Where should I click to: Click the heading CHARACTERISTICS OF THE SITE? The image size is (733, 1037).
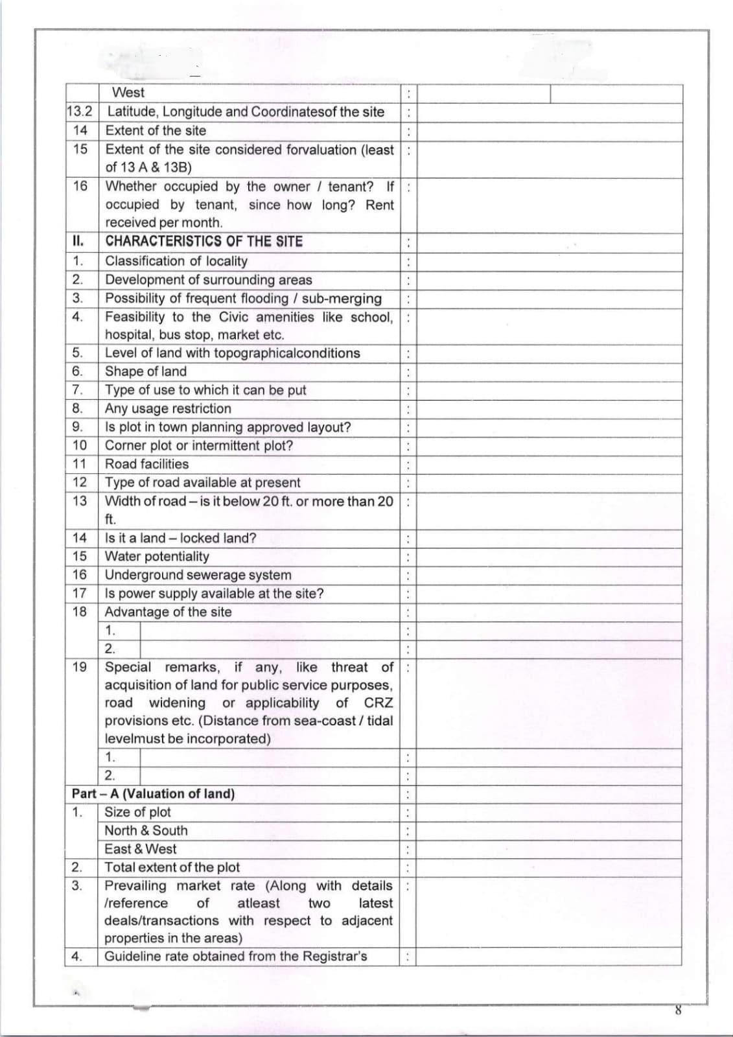tap(204, 242)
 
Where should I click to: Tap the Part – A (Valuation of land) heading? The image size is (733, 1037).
tap(153, 794)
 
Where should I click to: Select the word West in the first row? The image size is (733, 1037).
tap(128, 93)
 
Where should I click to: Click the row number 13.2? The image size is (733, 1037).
tap(80, 111)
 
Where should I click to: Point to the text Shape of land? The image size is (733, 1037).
tap(146, 371)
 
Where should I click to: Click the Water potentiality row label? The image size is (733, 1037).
tap(157, 557)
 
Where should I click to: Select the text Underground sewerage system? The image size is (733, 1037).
tap(198, 575)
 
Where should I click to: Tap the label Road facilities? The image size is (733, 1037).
tap(146, 464)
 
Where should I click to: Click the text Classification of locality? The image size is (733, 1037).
tap(176, 261)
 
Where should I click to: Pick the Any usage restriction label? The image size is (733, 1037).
tap(168, 409)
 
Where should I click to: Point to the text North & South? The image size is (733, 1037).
tap(146, 831)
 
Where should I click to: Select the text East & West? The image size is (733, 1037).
tap(140, 849)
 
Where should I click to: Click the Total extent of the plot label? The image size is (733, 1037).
tap(172, 868)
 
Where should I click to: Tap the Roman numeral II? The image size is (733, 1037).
tap(78, 242)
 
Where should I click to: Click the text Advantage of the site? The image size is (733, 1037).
tap(168, 612)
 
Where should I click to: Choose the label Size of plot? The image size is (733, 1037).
tap(137, 813)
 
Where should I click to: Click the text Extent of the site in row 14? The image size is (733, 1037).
tap(156, 131)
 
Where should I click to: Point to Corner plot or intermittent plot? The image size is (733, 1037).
tap(198, 446)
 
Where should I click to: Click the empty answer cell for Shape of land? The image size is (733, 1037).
tap(548, 372)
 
